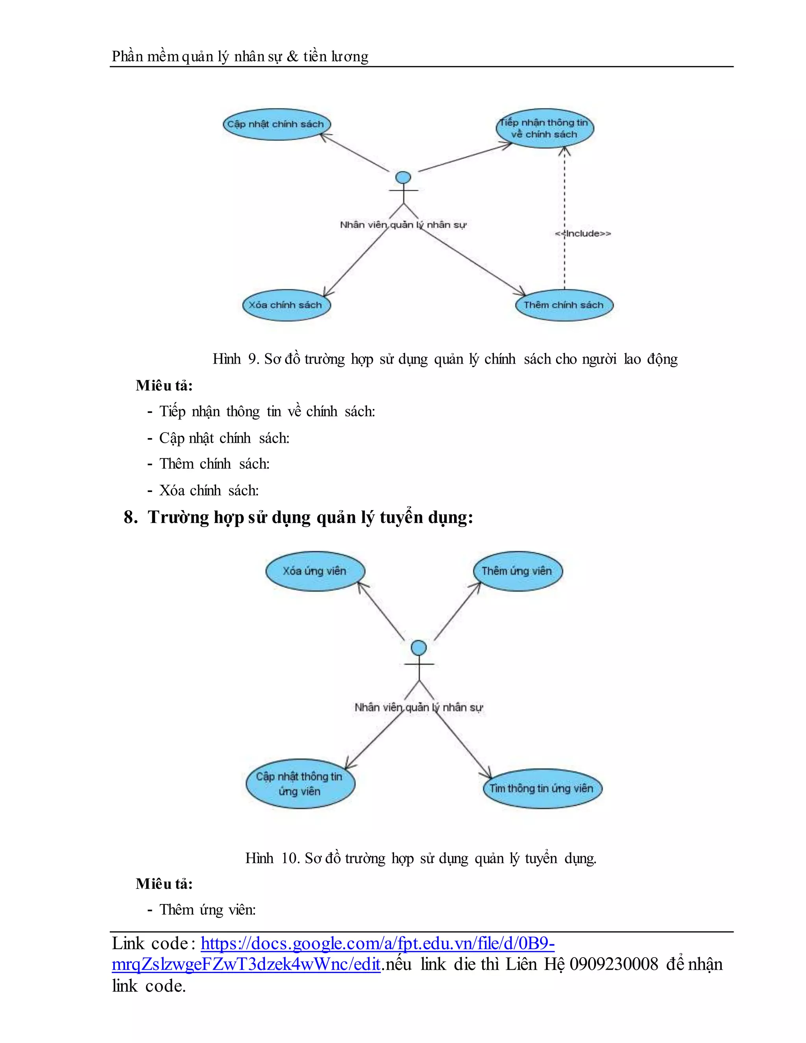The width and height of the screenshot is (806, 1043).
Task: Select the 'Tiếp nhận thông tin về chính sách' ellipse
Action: coord(544,128)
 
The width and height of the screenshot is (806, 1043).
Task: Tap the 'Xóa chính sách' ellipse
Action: coord(286,305)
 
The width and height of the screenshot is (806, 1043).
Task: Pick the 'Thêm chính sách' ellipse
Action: coord(564,305)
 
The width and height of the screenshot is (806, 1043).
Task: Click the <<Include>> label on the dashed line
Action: coord(583,233)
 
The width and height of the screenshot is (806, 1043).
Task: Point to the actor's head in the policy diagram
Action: coord(403,178)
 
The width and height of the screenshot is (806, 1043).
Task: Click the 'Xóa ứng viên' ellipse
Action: coord(315,571)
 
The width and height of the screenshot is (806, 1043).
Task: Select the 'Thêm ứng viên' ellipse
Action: coord(517,571)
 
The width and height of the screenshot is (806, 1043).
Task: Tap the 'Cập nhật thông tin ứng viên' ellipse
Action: coord(300,784)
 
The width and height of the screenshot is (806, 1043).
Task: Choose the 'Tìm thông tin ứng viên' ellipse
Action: coord(542,788)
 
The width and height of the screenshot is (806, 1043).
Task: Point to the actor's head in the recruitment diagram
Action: coord(419,648)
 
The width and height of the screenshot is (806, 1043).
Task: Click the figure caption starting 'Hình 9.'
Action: coord(445,359)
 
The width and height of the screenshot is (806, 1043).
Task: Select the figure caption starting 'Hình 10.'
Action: coord(421,858)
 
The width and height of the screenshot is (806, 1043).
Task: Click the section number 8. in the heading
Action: coord(130,517)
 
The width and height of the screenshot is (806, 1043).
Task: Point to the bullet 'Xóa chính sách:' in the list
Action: coord(209,490)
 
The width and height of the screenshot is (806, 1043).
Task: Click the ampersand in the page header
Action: coord(292,57)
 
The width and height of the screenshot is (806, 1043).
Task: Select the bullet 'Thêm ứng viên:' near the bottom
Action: coord(207,909)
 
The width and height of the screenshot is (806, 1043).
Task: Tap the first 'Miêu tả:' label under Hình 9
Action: coord(164,385)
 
